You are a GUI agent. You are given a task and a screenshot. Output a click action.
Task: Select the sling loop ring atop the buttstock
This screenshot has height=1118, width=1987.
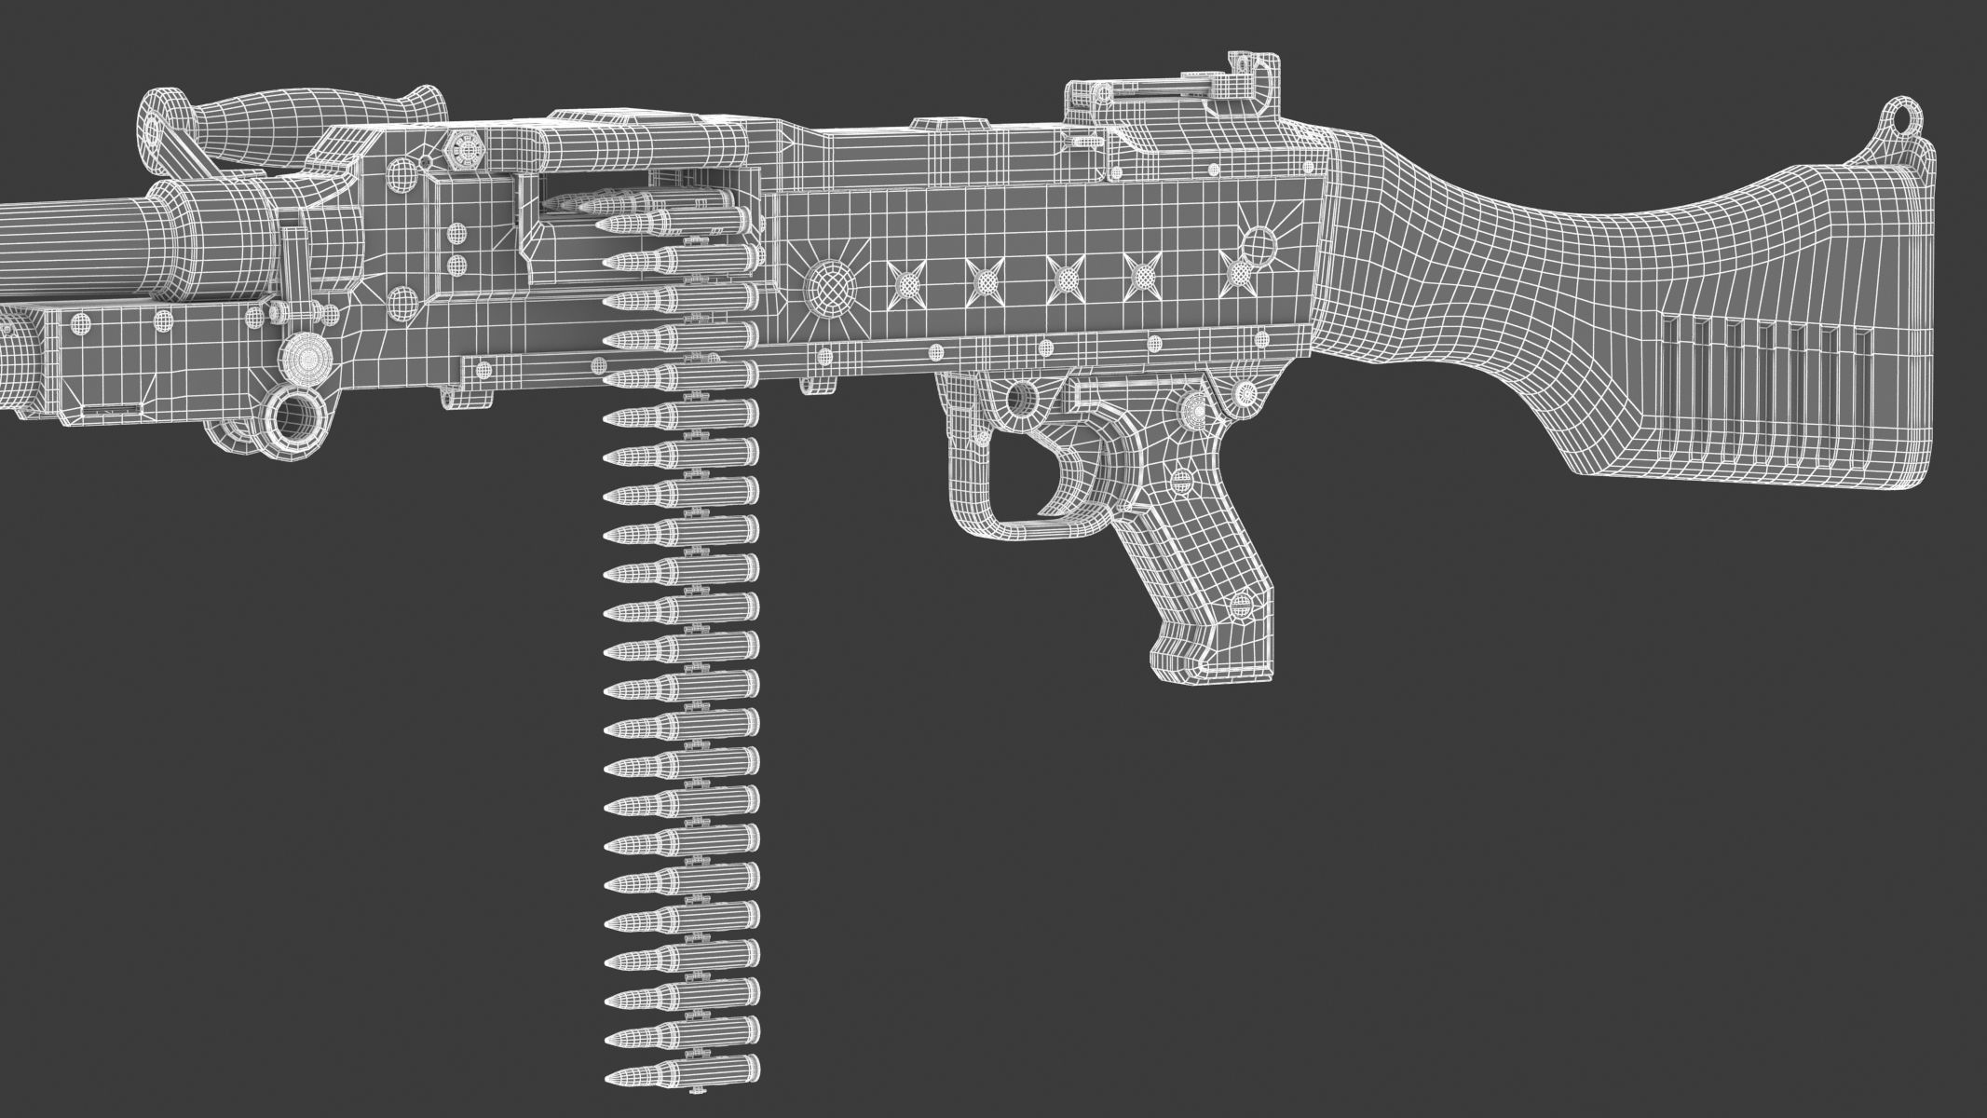[1905, 116]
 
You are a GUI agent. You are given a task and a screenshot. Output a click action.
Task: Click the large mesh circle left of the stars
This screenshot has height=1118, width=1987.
[829, 285]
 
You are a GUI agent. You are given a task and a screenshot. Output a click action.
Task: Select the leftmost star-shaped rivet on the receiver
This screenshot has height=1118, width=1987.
[905, 279]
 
